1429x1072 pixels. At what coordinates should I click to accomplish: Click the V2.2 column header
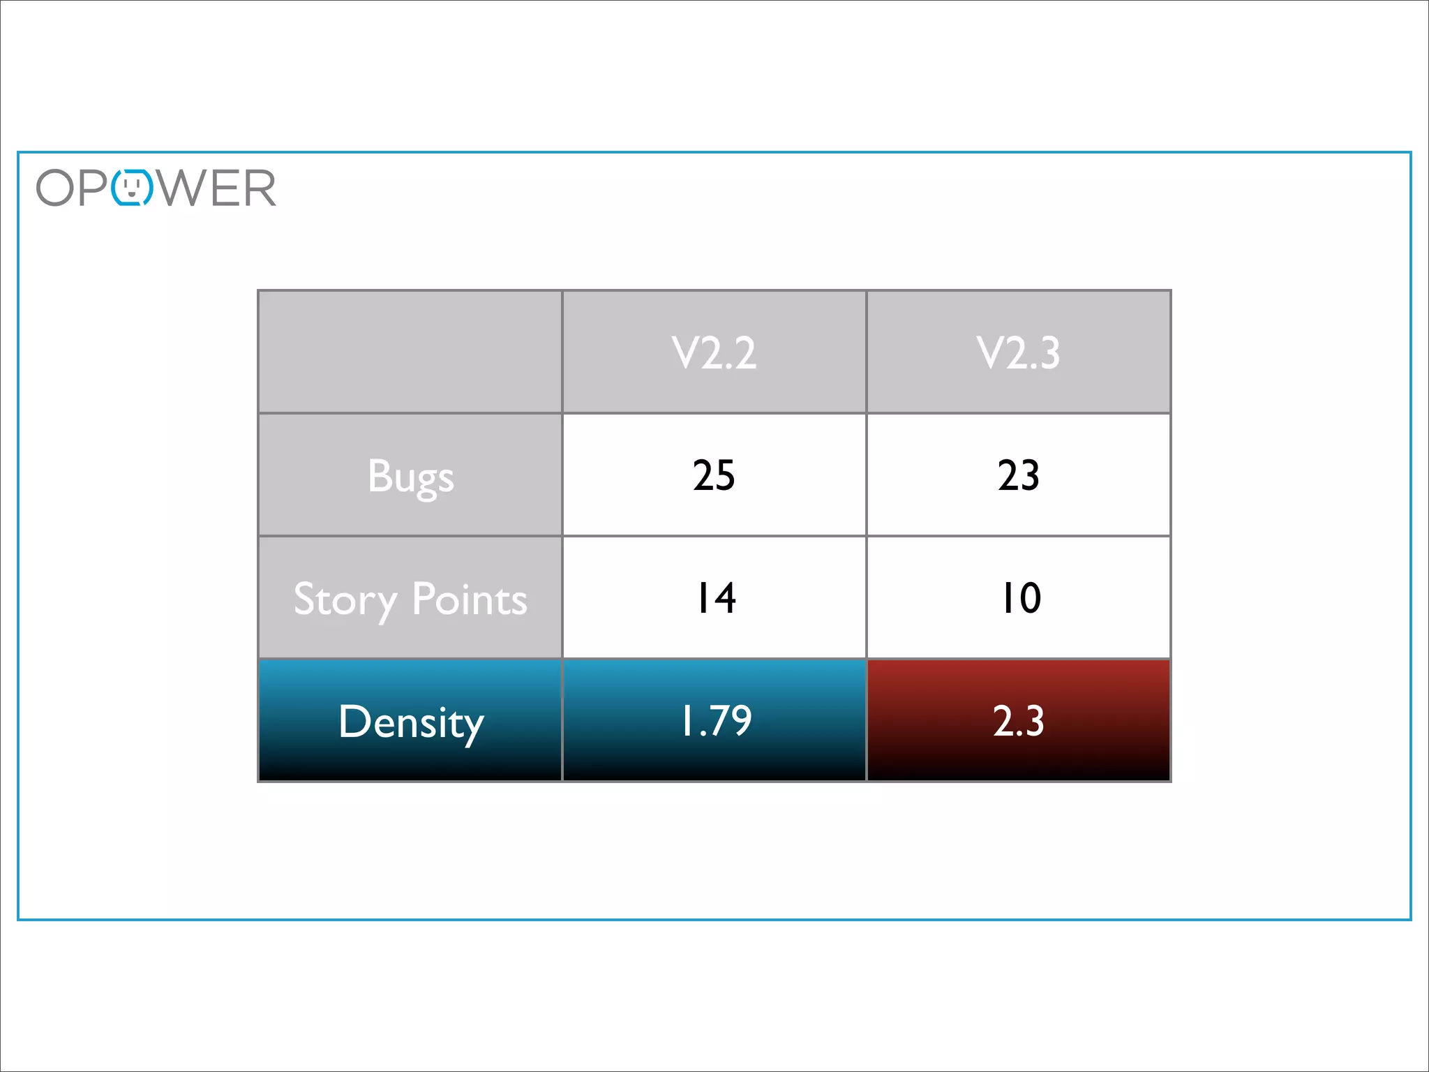point(714,352)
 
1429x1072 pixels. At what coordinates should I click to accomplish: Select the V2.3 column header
point(1018,352)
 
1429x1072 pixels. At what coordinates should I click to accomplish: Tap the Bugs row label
point(410,477)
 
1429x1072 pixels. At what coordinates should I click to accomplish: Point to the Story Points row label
point(410,599)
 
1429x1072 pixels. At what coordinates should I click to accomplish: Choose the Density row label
point(410,722)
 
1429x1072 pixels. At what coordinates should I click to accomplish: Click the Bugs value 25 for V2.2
point(714,475)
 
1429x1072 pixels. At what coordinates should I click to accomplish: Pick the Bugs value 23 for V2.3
point(1018,475)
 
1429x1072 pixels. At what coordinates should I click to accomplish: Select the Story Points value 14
point(716,598)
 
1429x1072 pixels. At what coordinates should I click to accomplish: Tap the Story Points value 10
point(1020,598)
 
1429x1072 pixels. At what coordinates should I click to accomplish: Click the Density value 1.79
point(716,721)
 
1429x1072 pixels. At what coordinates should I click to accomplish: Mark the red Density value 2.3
point(1018,721)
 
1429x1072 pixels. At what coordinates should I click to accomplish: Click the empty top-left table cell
point(410,352)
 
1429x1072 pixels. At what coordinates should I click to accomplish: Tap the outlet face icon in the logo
point(132,188)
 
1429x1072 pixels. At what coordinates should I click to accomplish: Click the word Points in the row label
point(469,599)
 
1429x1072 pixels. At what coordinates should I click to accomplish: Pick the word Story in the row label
point(345,600)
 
